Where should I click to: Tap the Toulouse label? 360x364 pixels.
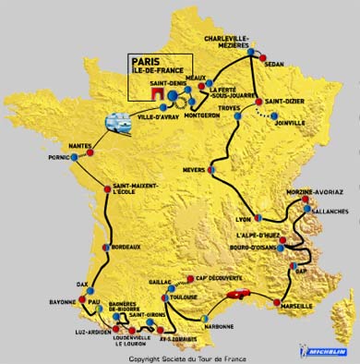click(186, 298)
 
